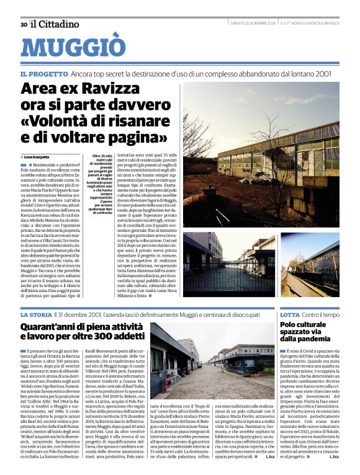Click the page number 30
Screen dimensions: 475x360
(x=24, y=24)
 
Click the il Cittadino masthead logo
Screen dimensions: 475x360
(x=55, y=24)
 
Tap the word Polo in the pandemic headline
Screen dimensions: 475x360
(x=290, y=324)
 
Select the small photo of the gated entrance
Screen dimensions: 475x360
(x=222, y=264)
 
